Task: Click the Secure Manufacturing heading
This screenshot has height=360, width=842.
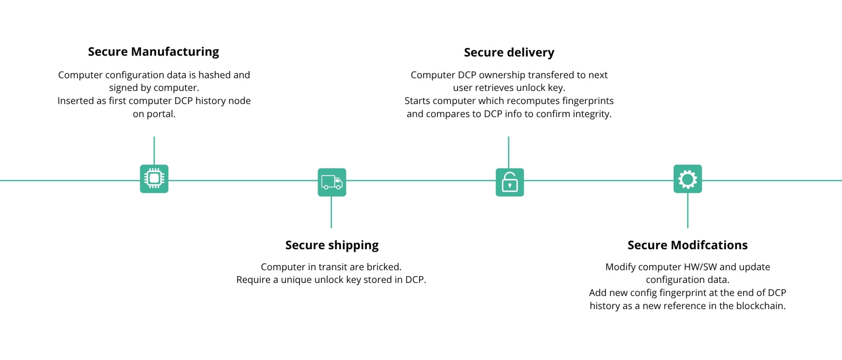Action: pos(153,52)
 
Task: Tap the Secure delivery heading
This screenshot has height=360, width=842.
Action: pos(509,53)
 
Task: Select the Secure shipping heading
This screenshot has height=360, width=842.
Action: pos(332,245)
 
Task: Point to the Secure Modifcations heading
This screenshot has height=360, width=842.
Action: pos(687,245)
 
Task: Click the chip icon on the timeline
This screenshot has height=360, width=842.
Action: pos(154,179)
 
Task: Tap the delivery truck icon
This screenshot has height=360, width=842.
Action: pos(332,182)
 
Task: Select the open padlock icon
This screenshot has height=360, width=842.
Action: pos(510,182)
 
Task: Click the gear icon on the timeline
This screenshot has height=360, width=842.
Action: pos(687,179)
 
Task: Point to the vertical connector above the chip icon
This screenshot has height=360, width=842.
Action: pos(154,150)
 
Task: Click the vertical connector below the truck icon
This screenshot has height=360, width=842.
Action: pos(331,212)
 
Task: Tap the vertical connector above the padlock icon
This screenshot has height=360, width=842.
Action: pos(509,152)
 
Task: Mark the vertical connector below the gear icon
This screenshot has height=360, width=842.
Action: pos(687,211)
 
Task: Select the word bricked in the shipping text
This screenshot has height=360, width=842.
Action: pos(384,267)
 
